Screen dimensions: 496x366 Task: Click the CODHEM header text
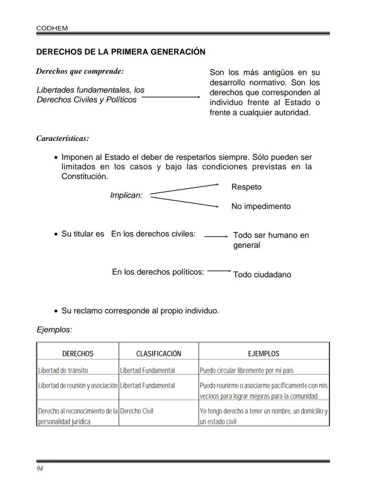[x=52, y=28]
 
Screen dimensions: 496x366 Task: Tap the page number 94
[x=40, y=469]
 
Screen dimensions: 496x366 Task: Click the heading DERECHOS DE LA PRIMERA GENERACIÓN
[x=121, y=52]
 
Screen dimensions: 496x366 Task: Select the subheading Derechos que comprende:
[x=80, y=71]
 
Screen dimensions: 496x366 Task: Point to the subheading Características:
[x=62, y=138]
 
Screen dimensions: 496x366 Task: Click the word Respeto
[x=246, y=187]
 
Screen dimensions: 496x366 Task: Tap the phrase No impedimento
[x=261, y=206]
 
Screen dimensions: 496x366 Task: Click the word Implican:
[x=126, y=195]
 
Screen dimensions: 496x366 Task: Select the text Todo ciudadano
[x=262, y=275]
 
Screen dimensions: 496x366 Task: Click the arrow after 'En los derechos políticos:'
[x=219, y=271]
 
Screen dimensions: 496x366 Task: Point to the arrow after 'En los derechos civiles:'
[x=216, y=237]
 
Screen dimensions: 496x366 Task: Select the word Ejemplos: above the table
[x=54, y=330]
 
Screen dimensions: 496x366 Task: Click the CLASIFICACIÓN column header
[x=159, y=354]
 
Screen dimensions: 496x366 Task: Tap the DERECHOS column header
[x=78, y=354]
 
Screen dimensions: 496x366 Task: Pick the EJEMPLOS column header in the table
[x=263, y=354]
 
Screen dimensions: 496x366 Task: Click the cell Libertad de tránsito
[x=63, y=370]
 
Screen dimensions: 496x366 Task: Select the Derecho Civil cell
[x=137, y=411]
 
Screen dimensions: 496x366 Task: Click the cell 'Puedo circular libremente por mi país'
[x=247, y=370]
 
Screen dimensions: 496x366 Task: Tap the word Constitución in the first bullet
[x=84, y=176]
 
